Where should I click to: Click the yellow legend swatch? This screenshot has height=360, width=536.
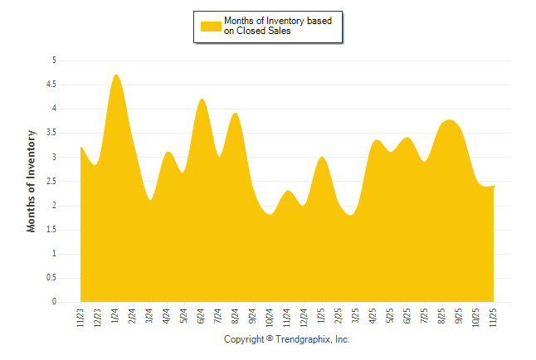212,26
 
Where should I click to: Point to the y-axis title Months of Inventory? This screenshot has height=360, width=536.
32,181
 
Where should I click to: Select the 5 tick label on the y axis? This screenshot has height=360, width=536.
54,61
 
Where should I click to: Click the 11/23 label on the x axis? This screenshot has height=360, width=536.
80,316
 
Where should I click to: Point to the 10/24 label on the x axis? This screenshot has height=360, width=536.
270,316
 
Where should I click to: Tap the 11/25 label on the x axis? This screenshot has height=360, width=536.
494,316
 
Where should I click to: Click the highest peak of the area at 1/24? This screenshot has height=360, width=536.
115,75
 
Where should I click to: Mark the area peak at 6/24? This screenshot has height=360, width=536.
202,100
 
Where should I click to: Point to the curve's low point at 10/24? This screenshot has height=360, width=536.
270,214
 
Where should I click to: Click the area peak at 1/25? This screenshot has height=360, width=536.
322,158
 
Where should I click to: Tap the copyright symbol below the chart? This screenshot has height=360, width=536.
270,340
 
